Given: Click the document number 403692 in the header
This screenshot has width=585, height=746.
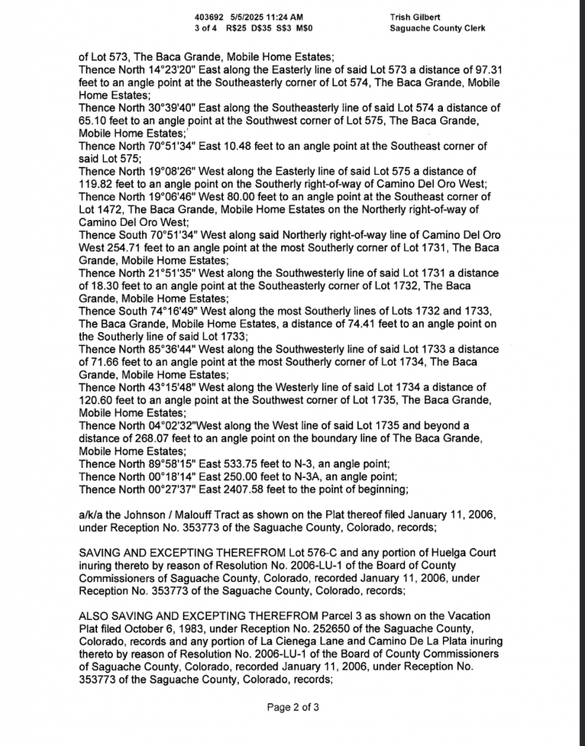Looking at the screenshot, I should [208, 16].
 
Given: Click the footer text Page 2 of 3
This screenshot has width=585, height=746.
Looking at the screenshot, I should [293, 707].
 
